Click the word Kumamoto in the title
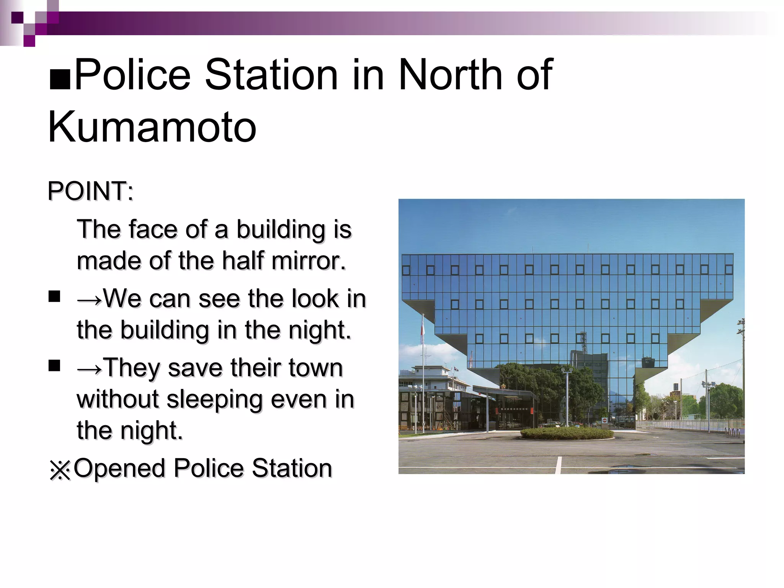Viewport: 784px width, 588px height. click(x=152, y=127)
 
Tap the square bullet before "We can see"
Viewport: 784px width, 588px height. click(x=54, y=297)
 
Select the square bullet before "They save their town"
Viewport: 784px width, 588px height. click(x=54, y=366)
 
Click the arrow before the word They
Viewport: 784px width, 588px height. click(x=89, y=369)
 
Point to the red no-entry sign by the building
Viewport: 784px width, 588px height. click(x=604, y=420)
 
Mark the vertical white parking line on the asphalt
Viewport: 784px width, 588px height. click(x=559, y=465)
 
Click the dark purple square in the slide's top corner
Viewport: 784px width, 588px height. click(x=17, y=18)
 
